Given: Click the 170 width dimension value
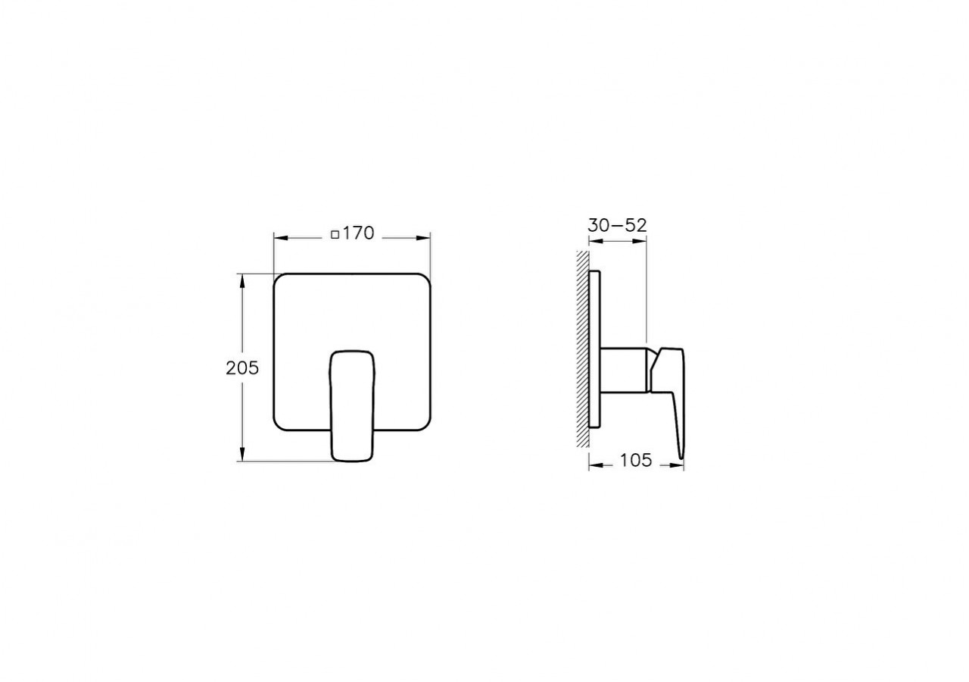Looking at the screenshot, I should (x=358, y=233).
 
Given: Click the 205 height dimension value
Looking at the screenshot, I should (x=242, y=368).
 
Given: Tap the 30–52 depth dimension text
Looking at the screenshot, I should (x=617, y=225).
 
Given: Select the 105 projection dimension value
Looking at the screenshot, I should (x=636, y=460).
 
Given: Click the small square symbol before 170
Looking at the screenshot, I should (x=335, y=234).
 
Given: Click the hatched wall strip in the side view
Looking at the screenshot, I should (x=581, y=349).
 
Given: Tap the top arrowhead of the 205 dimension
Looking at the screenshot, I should (x=242, y=278).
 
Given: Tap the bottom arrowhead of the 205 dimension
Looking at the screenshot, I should (x=242, y=456).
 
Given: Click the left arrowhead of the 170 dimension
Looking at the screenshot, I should (x=279, y=238).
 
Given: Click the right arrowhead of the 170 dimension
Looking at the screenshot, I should (x=425, y=238).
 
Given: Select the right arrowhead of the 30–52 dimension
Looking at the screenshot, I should (x=643, y=242).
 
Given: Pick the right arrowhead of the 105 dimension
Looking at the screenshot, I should (x=679, y=465).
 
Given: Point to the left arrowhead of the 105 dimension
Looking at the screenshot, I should (x=594, y=465).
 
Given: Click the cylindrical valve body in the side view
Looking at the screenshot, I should (x=625, y=370).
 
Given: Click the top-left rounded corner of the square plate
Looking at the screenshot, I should (x=279, y=278).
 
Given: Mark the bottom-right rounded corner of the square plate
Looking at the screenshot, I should (x=425, y=427).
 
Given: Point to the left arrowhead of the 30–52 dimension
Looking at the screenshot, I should (x=594, y=242).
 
